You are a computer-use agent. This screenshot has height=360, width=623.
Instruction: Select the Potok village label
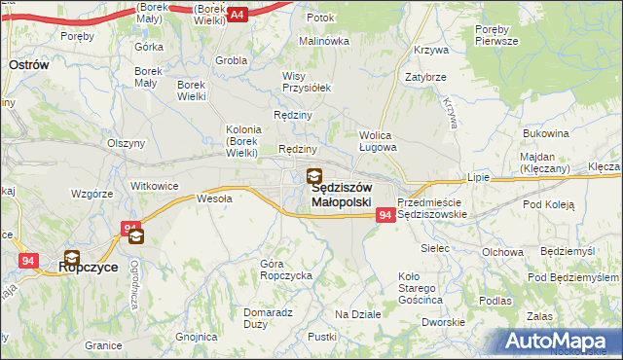(x=320, y=18)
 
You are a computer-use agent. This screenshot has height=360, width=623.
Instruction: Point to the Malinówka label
(x=323, y=41)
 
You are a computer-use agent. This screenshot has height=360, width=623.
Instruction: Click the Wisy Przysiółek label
(x=307, y=82)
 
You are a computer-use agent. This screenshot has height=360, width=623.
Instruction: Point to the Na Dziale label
(x=357, y=314)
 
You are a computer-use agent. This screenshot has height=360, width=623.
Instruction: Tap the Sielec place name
(x=434, y=248)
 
